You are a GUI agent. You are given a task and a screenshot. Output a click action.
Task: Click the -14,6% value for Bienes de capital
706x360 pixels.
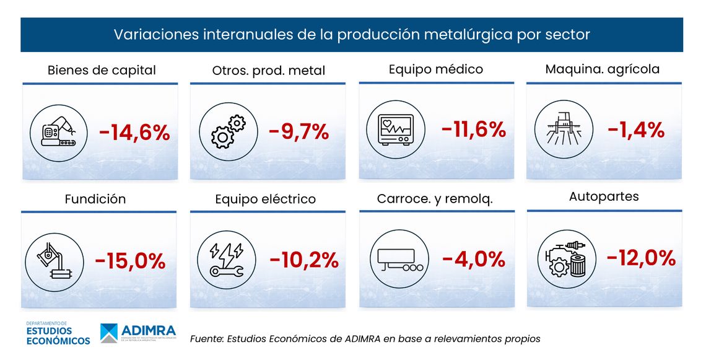coord(134,133)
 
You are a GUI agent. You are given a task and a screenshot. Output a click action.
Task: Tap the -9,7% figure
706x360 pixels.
coord(299,132)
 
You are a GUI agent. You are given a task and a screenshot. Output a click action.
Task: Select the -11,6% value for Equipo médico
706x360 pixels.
coord(474,130)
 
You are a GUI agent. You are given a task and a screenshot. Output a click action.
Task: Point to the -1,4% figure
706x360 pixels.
coord(636,130)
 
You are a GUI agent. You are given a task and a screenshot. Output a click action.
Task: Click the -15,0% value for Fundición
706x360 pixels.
coord(130,261)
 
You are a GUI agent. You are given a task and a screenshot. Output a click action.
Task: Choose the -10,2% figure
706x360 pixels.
coord(303,260)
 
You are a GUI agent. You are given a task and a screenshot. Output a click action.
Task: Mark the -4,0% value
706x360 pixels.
coord(474,259)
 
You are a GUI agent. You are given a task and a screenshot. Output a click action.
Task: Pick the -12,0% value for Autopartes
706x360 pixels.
coord(640,258)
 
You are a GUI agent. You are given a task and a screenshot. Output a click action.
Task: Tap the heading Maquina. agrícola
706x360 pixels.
coord(602,69)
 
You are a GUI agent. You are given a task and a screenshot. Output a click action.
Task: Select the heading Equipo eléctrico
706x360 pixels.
coord(265,199)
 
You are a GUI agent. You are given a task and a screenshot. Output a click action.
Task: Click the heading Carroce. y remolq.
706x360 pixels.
coord(435,199)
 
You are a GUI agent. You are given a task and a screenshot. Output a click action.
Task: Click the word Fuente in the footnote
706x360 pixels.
coord(206,339)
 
